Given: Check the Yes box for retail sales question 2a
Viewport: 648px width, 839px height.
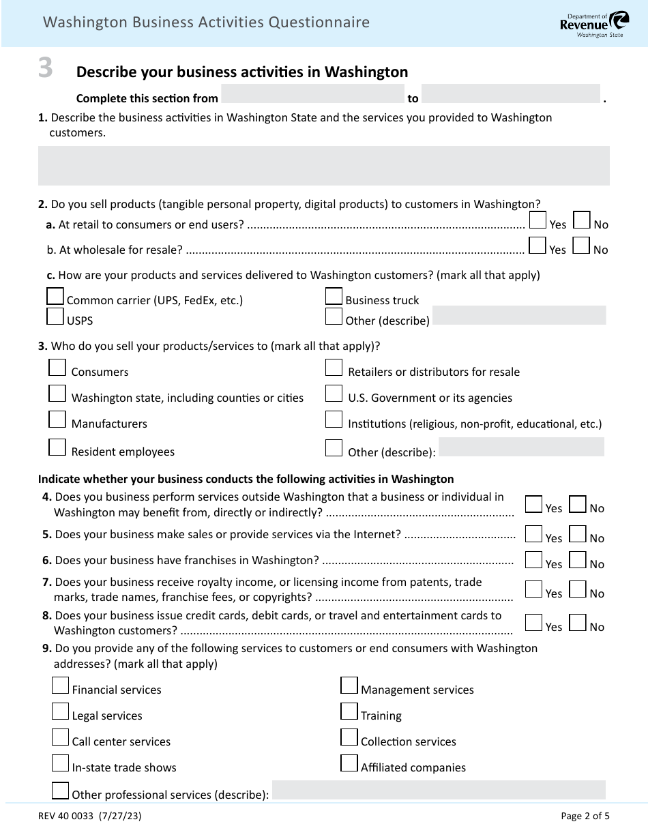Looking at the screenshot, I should point(537,220).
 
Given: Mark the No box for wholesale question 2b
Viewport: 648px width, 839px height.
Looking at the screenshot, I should point(581,246).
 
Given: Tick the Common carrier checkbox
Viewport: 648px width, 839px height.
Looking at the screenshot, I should point(55,296).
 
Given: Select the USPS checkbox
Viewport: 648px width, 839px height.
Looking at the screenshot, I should point(55,317).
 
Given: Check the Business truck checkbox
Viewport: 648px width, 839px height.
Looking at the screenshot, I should point(334,296).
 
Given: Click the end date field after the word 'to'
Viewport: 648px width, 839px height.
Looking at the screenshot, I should point(511,94).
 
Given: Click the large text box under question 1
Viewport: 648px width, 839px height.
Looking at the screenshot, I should point(323,166).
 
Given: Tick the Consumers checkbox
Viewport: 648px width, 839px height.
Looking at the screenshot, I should point(57,368).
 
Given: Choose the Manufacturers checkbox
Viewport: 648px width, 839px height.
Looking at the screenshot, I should point(57,419).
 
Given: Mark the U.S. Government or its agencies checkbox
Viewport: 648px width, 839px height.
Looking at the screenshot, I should point(334,394).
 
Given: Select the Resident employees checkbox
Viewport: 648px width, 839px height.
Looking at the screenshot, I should point(57,447).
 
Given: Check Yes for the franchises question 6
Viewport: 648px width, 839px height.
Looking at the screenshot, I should point(533,560).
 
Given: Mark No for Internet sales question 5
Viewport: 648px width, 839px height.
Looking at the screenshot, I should point(577,534).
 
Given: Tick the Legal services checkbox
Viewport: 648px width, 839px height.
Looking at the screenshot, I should point(61,711).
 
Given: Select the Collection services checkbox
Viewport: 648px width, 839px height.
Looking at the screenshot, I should point(349,737).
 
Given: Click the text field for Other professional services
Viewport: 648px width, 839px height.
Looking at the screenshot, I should point(439,790).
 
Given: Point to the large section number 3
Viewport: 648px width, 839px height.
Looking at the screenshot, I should point(45,69).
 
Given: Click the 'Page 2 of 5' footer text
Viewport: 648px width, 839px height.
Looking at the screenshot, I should point(585,815).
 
